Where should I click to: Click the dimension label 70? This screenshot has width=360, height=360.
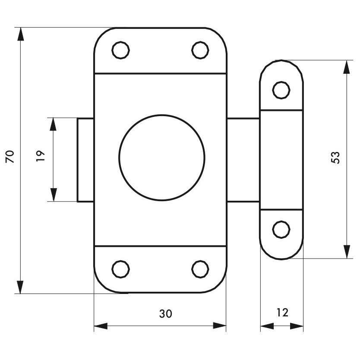(10, 157)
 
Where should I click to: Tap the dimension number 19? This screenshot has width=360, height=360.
(41, 156)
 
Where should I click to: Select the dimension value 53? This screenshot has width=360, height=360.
(335, 158)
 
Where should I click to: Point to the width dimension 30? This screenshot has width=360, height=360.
(165, 314)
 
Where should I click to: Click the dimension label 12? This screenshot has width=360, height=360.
(282, 313)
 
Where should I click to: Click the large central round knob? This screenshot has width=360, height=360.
(162, 158)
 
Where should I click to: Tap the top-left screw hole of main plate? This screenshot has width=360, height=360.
(120, 50)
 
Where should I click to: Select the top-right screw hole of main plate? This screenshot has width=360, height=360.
(200, 50)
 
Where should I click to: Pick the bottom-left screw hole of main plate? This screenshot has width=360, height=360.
(120, 269)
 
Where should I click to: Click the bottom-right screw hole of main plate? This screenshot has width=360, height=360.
(200, 269)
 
